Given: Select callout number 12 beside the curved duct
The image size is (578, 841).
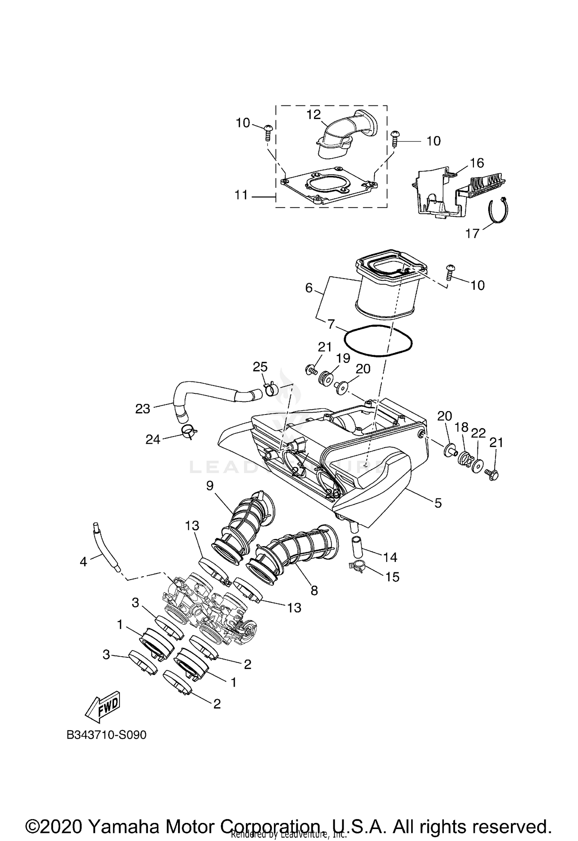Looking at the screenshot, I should click(x=314, y=114).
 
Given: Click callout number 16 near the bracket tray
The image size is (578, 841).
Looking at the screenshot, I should click(x=477, y=163).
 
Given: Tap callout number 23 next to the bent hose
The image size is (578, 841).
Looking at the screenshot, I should click(x=142, y=408).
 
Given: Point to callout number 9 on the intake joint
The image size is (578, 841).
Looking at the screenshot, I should click(x=210, y=486).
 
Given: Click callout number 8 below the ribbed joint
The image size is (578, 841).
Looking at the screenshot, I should click(x=314, y=590).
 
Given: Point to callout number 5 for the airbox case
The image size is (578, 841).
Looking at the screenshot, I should click(x=438, y=503).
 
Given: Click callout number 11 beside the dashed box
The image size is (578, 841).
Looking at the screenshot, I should click(x=242, y=196).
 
